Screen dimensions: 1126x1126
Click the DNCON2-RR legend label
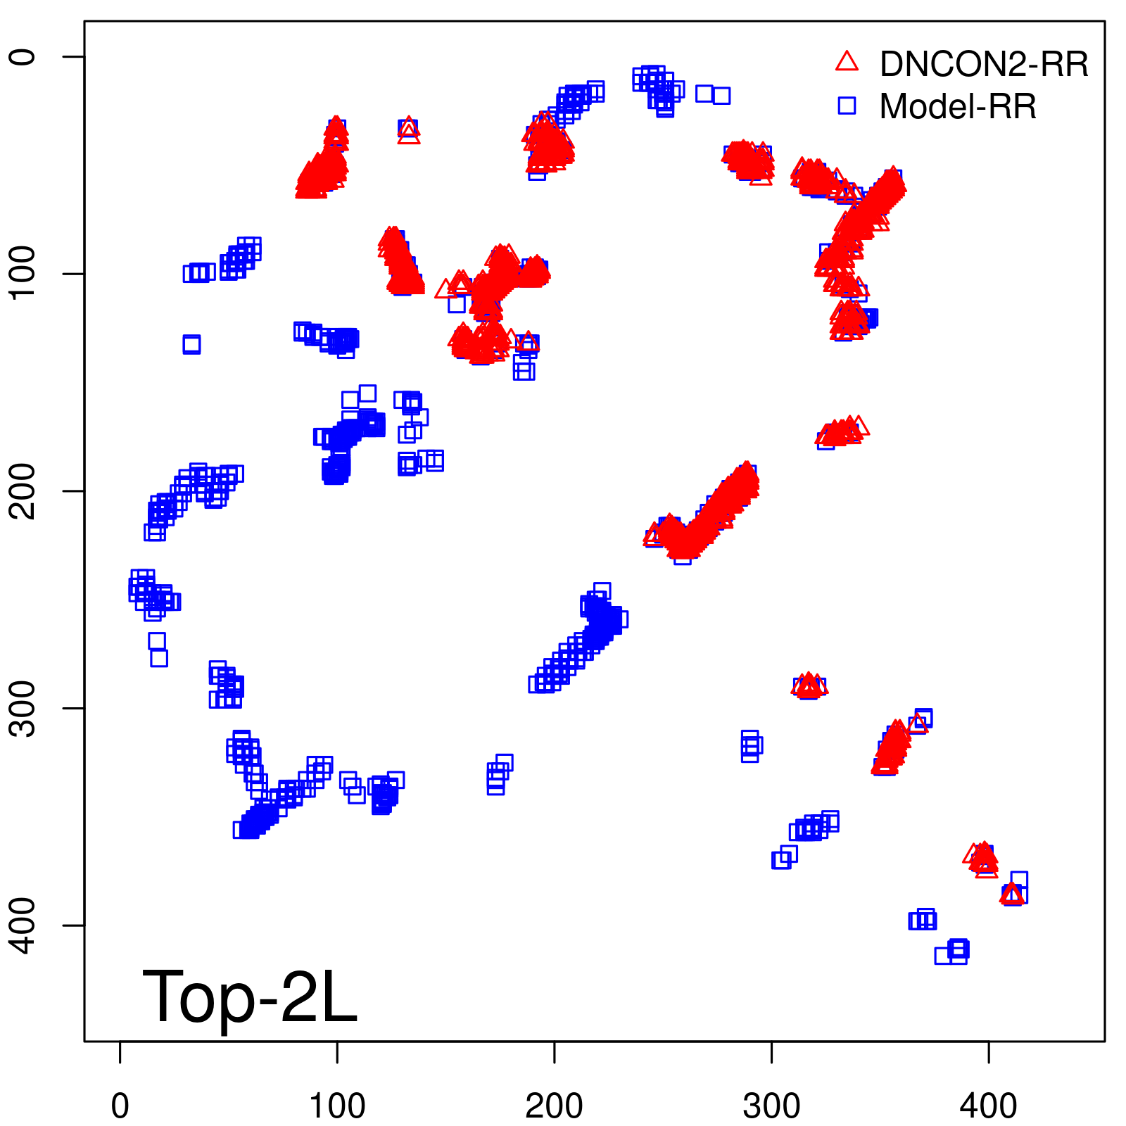pos(983,65)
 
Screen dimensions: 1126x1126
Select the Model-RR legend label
pos(957,107)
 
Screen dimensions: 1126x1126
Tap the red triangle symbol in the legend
pos(847,62)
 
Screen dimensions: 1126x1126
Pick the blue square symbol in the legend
pos(847,106)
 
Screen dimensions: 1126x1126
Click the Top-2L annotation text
pos(250,997)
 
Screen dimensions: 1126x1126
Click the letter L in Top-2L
pos(339,997)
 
